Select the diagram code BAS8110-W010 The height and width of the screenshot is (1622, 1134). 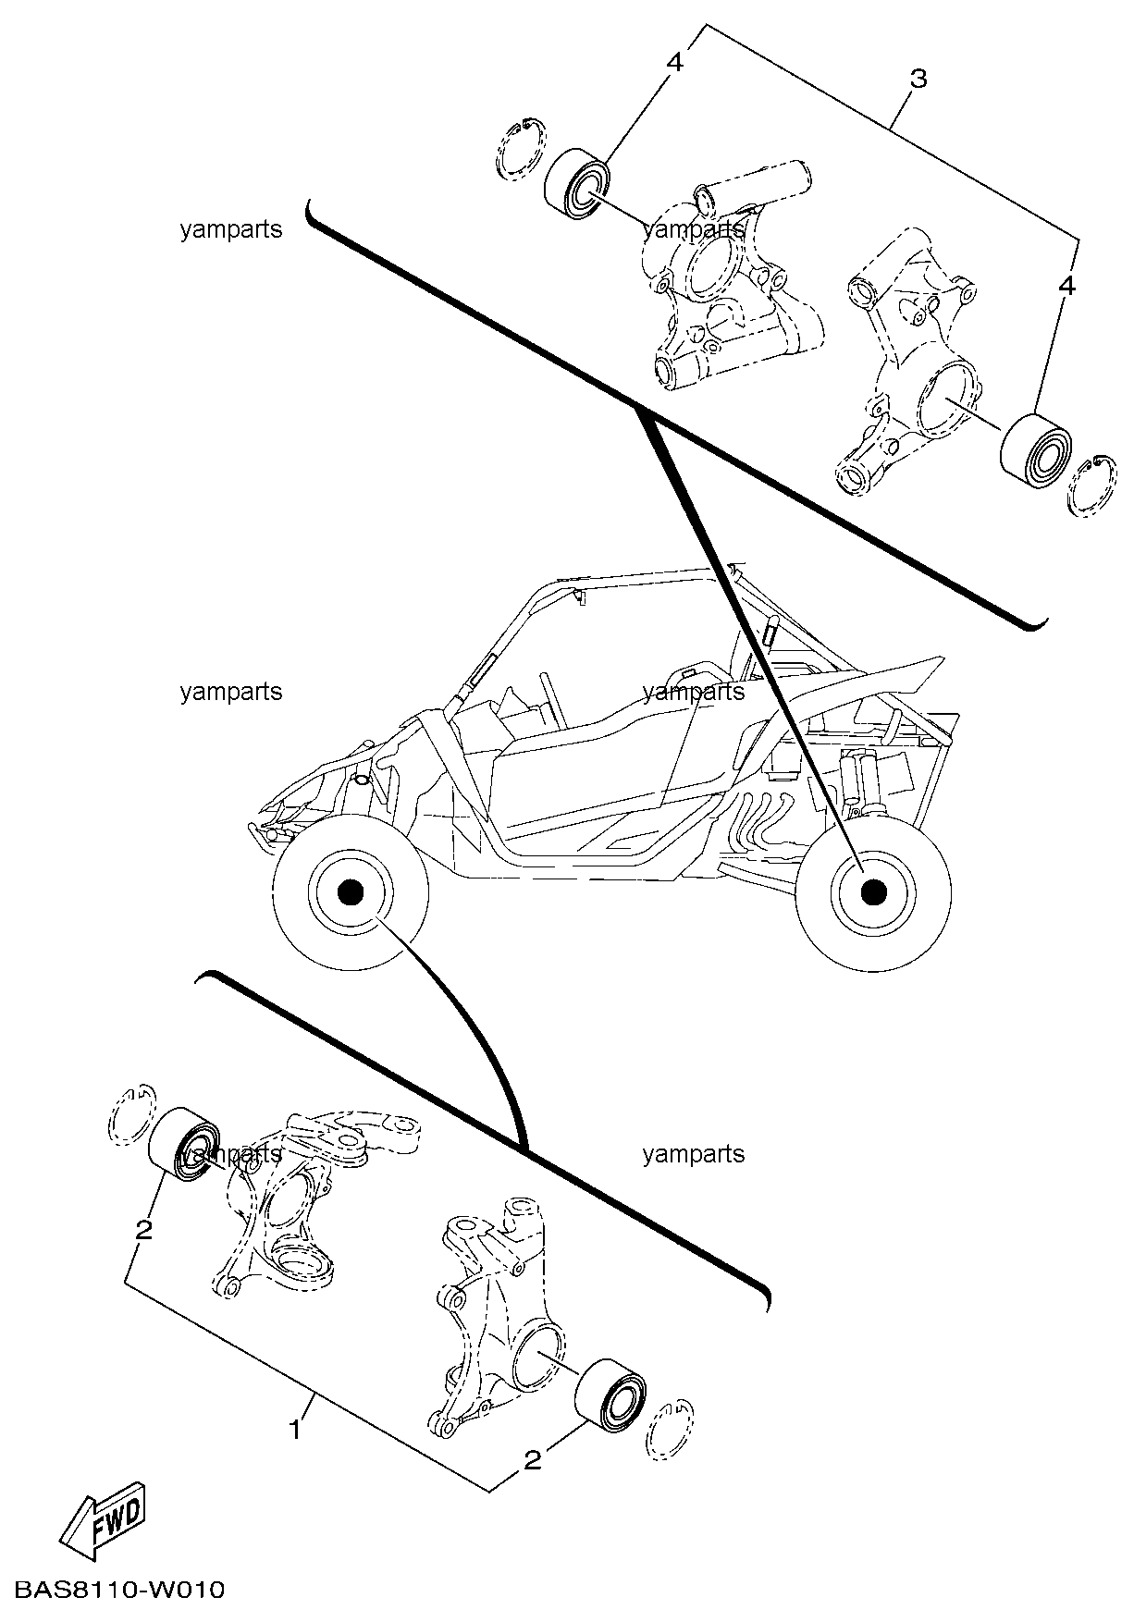[119, 1591]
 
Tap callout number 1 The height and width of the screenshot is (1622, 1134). [295, 1430]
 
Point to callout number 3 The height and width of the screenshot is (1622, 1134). [918, 79]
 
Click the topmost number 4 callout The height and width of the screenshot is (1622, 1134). [674, 63]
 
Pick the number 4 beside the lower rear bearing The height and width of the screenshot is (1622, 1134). [1066, 287]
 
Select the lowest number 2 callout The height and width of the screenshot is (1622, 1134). [532, 1460]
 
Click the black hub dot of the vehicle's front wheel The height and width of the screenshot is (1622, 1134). [350, 891]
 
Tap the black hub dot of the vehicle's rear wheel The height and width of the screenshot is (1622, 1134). [873, 891]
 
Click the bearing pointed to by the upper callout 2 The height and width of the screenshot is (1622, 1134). [184, 1143]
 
